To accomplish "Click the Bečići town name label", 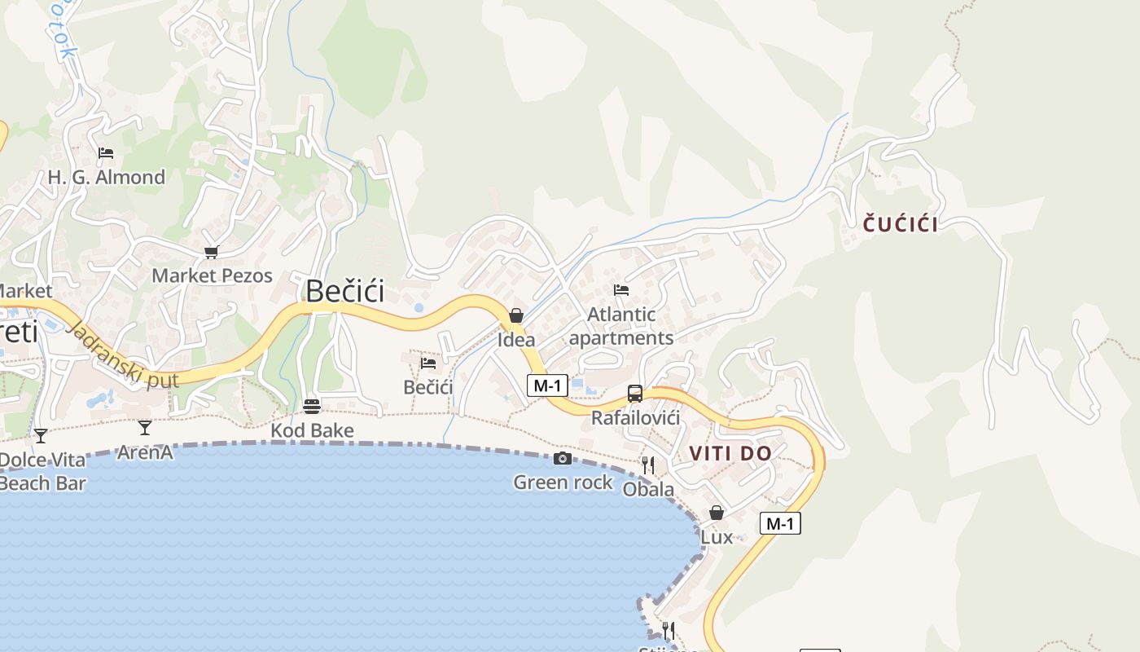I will click(344, 292).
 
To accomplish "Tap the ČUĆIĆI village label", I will click(900, 225).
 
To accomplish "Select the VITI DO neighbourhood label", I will click(730, 454).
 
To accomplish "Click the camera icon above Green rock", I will click(562, 459).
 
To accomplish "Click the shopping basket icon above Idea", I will click(516, 315).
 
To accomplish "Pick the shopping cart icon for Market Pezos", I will click(212, 253).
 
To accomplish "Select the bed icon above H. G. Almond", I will click(106, 153).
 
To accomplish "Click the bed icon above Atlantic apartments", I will click(621, 290).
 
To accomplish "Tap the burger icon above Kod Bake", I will click(311, 406).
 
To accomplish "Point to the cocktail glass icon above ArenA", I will click(145, 427).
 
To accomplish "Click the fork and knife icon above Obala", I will click(648, 465).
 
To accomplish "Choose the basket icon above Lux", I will click(717, 513).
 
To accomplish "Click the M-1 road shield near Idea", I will click(547, 385).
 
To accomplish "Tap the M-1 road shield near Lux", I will click(780, 523).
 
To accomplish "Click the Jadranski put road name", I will click(125, 358).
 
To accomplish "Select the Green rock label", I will click(563, 482).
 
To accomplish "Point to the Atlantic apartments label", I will click(621, 326).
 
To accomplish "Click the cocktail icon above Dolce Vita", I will click(40, 436).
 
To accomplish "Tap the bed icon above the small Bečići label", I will click(428, 363).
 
